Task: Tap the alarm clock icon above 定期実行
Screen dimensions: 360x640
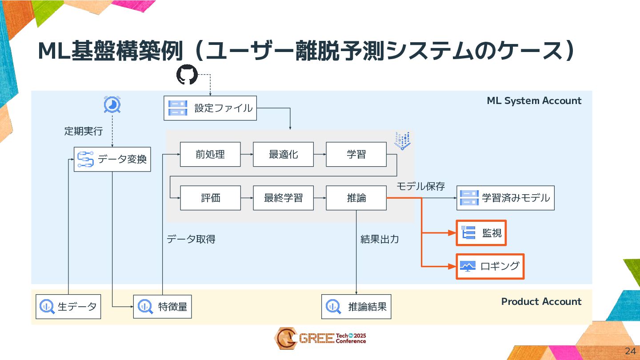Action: tap(112, 105)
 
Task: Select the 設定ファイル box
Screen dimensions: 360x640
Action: tap(210, 108)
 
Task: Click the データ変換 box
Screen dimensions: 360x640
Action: tap(112, 159)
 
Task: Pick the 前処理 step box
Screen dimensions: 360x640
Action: tap(210, 154)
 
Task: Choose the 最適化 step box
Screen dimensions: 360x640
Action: tap(283, 154)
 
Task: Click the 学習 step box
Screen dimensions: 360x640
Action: tap(356, 154)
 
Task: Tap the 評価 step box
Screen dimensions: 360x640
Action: tap(210, 198)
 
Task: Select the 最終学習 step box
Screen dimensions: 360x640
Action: tap(283, 198)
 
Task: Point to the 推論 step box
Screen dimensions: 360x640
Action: tap(356, 198)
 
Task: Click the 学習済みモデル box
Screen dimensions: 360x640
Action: tap(505, 198)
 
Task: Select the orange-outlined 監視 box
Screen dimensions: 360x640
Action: tap(481, 233)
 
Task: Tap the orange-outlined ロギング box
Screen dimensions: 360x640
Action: tap(490, 266)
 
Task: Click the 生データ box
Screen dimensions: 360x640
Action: tap(68, 306)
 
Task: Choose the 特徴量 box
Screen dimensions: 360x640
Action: tap(162, 306)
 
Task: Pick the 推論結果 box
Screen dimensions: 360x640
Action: tap(356, 306)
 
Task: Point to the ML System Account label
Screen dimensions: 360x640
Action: tap(534, 101)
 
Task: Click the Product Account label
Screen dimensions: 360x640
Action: tap(541, 302)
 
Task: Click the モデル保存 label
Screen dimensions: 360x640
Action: tap(420, 186)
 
